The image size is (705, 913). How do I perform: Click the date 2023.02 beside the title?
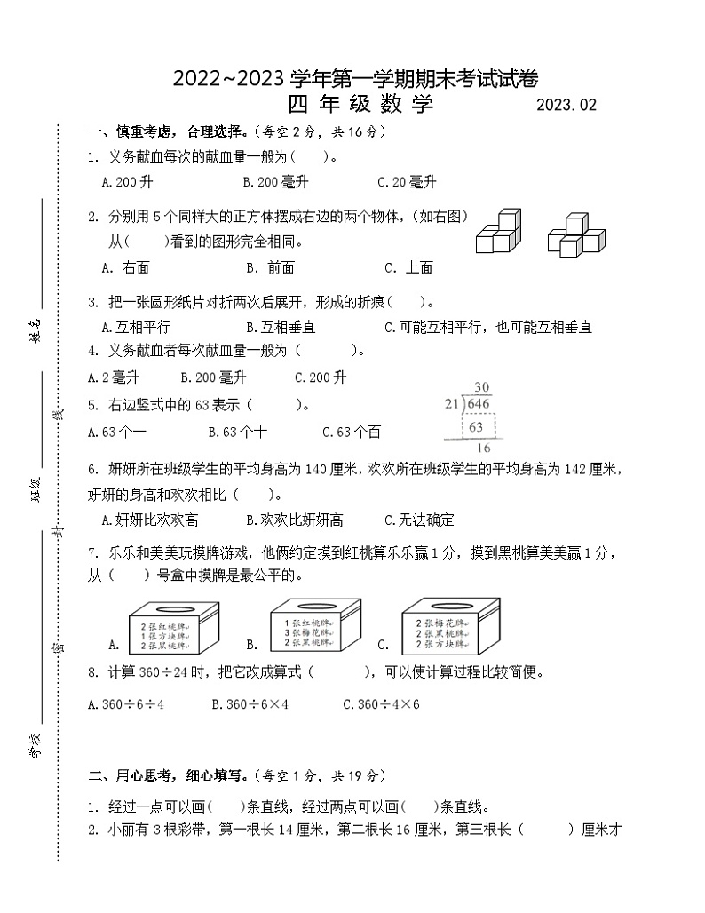coord(566,106)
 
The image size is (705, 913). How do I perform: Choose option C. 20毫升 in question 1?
coord(407,182)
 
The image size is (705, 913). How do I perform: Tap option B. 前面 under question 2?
coord(270,267)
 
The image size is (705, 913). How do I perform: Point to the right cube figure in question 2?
coord(575,234)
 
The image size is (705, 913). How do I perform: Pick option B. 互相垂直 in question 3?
coord(281,327)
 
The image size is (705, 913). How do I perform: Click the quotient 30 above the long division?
coord(482,387)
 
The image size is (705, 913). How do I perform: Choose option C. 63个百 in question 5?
coord(352,432)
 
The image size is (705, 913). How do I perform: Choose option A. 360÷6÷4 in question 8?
coord(127,704)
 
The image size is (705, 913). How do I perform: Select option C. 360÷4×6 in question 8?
coord(381,704)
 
